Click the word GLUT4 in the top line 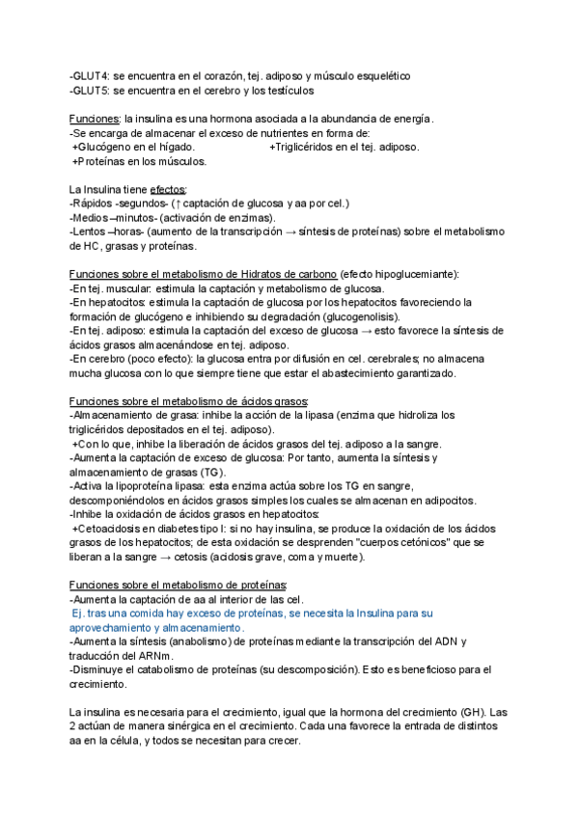(90, 75)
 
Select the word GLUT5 (90, 91)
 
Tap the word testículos (287, 91)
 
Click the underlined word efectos (168, 189)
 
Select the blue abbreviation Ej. (80, 613)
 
